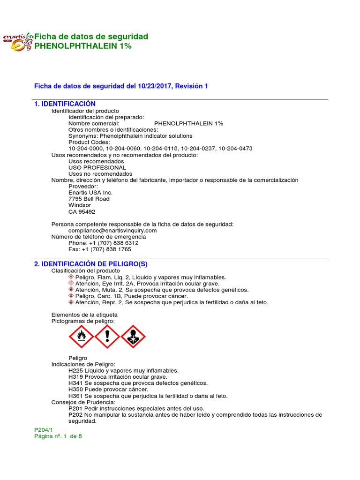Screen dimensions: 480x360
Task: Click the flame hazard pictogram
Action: click(82, 337)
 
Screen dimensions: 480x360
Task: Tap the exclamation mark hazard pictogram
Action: click(107, 337)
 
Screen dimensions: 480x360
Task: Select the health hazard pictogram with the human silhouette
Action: click(133, 337)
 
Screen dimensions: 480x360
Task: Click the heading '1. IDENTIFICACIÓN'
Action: click(65, 104)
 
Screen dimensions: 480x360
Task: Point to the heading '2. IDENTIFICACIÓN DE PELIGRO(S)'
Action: click(91, 264)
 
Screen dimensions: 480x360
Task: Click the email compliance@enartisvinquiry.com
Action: click(112, 231)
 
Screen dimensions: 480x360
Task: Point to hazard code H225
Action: click(76, 370)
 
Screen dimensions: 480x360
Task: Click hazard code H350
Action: click(76, 390)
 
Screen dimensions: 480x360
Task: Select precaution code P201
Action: click(75, 408)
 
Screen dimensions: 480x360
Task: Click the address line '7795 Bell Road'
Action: click(89, 199)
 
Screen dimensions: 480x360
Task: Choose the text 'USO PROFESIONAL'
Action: click(97, 167)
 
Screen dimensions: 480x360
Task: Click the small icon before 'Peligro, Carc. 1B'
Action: click(71, 296)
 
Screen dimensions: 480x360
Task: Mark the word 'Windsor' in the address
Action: click(80, 205)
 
